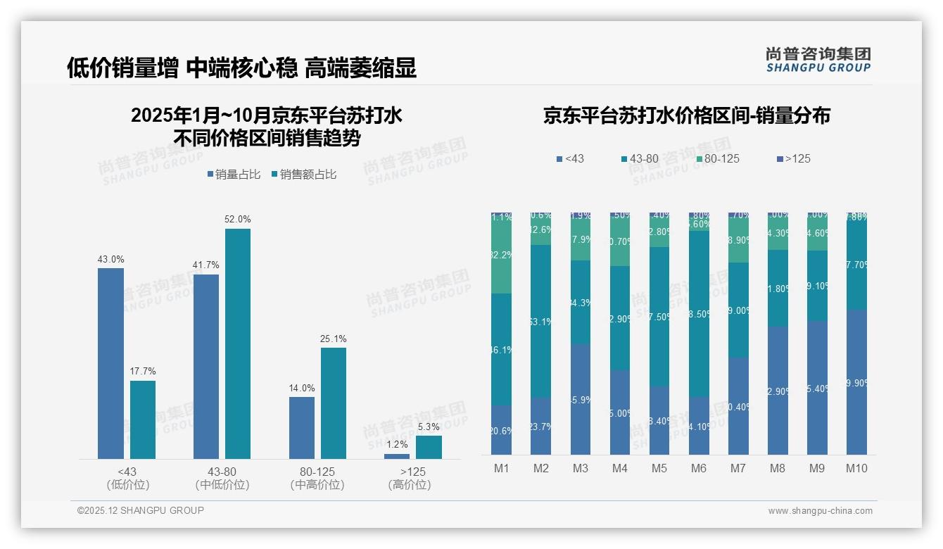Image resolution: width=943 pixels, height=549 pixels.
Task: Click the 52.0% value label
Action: pyautogui.click(x=238, y=219)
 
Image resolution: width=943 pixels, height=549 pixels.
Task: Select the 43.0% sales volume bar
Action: pyautogui.click(x=110, y=363)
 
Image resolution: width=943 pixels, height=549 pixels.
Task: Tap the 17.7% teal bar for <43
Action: pyautogui.click(x=143, y=419)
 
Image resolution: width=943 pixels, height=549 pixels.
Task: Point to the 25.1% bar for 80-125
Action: pyautogui.click(x=334, y=403)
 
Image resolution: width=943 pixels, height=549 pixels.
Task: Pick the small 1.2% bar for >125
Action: pyautogui.click(x=397, y=456)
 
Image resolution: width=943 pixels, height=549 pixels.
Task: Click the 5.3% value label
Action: pyautogui.click(x=429, y=427)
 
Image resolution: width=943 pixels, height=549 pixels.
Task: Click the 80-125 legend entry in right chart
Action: pyautogui.click(x=717, y=159)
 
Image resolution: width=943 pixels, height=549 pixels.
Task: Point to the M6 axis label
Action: pyautogui.click(x=699, y=469)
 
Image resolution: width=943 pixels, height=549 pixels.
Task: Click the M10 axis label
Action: pyautogui.click(x=856, y=469)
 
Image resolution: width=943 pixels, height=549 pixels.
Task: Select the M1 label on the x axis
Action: pyautogui.click(x=502, y=469)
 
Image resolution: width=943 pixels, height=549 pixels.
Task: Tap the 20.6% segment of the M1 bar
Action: pyautogui.click(x=502, y=430)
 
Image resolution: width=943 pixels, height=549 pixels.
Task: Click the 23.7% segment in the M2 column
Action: pyautogui.click(x=541, y=426)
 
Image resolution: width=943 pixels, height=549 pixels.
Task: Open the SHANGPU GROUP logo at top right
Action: pyautogui.click(x=818, y=60)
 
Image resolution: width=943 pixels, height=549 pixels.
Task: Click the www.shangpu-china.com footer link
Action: pyautogui.click(x=820, y=511)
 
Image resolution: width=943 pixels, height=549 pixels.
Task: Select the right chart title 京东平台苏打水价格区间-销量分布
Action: pyautogui.click(x=686, y=115)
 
